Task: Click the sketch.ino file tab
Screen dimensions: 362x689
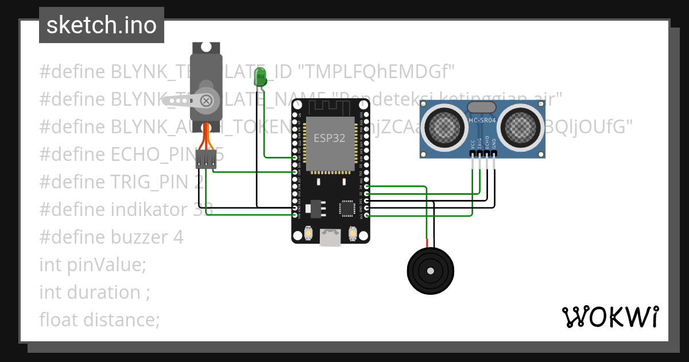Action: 101,25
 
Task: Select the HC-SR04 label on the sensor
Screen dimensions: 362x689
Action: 482,121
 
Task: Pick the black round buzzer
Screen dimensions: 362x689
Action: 430,270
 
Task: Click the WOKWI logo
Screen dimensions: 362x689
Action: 610,317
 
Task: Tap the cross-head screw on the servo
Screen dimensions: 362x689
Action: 206,101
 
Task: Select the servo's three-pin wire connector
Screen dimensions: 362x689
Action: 205,159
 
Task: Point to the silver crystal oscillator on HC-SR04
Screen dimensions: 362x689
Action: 482,107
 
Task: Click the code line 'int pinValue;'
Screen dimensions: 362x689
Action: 93,265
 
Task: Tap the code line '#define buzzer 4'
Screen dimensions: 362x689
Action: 111,237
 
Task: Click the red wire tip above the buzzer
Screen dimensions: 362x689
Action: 427,242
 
